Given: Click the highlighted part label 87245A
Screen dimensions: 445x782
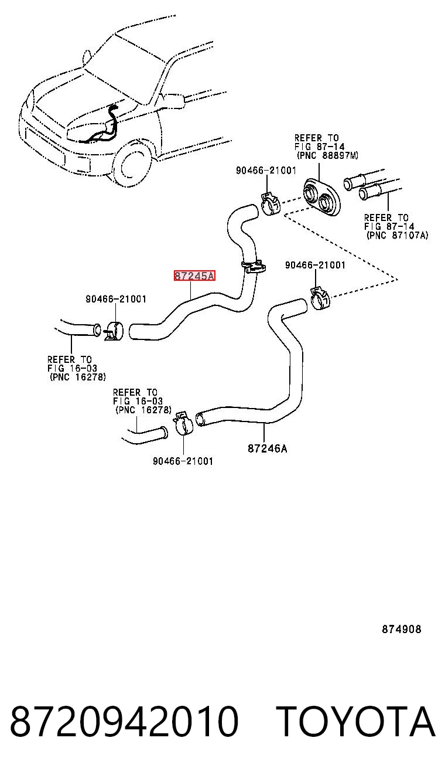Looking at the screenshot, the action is pos(194,276).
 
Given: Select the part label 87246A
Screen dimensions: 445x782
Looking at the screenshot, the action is pos(267,448).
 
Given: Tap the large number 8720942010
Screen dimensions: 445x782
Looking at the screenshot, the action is pos(125,721).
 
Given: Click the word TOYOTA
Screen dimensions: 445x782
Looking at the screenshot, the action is pos(357,721).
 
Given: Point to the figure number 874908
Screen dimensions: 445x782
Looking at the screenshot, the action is pos(402,629).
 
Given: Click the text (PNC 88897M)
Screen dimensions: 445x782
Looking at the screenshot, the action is pos(327,155).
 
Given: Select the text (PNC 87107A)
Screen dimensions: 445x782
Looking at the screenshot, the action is pos(397,235).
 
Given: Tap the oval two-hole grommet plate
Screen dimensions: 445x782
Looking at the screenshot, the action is pos(321,197).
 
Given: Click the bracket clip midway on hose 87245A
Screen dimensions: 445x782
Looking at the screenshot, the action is pos(254,267).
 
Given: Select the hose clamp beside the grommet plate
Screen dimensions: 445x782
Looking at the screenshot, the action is pos(271,203).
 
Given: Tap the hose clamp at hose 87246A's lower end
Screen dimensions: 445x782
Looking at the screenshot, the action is pos(183,423).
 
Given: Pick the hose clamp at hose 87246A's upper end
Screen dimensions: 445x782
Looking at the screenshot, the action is pos(320,298).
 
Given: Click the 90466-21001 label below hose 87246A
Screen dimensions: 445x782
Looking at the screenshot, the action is pos(183,461).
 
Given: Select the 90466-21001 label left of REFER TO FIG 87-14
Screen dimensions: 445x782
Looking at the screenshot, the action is pos(266,171).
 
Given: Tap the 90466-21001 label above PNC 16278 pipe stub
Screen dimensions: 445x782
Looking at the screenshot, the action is pos(116,299).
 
